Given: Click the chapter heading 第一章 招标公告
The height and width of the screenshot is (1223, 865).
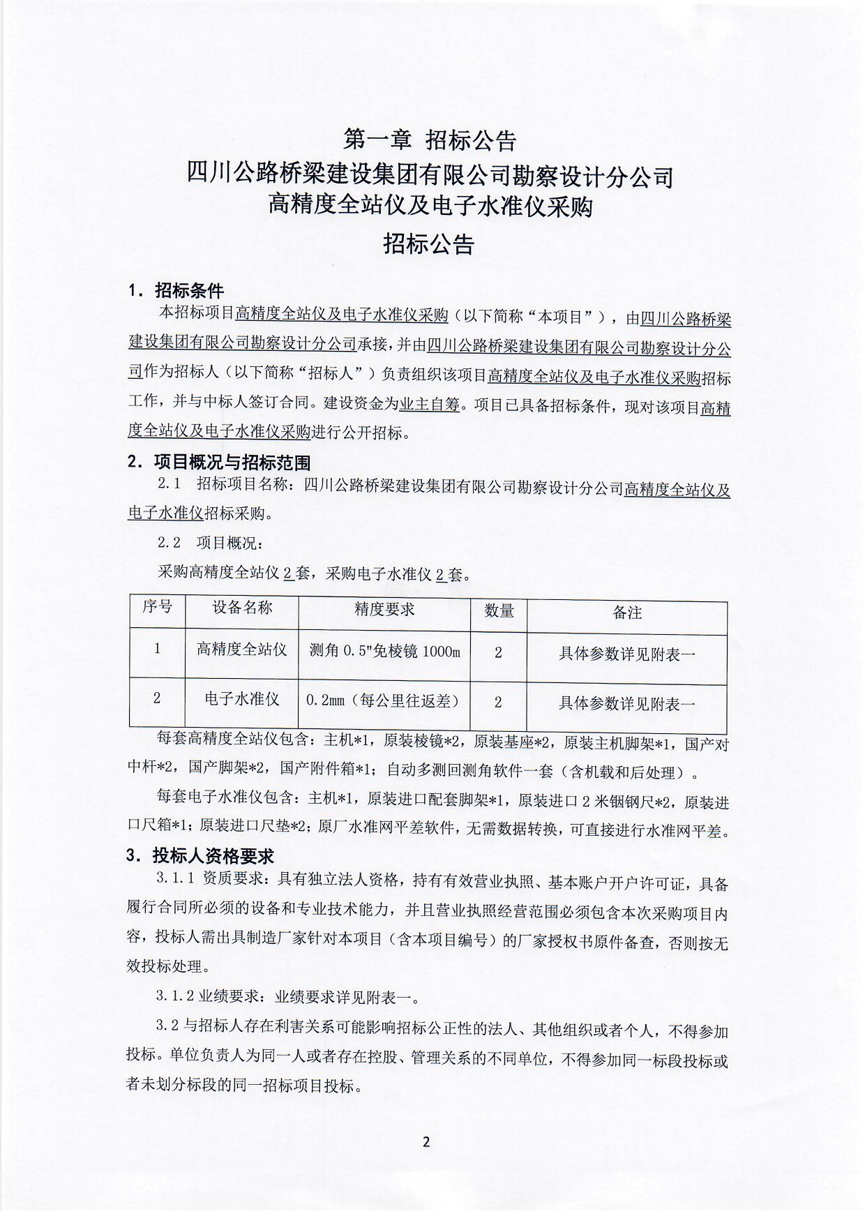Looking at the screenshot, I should (x=430, y=140).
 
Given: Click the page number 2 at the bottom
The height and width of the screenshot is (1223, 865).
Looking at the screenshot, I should (x=426, y=1142).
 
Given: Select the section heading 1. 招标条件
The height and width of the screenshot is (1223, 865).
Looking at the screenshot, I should (x=176, y=290).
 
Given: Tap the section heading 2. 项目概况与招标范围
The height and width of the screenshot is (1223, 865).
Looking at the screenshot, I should (x=219, y=463).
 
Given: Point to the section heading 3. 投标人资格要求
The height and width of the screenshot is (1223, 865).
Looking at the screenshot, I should (x=200, y=855).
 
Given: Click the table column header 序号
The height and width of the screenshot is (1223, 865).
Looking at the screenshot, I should (x=157, y=606).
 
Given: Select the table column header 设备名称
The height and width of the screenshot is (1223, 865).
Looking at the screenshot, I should (x=241, y=607).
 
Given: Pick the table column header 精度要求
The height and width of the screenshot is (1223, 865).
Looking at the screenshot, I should (x=384, y=609).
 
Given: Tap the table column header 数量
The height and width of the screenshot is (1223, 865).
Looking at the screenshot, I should (x=499, y=611).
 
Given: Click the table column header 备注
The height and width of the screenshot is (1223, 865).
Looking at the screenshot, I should (x=626, y=613).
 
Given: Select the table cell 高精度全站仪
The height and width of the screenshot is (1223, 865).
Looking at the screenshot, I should (x=241, y=650).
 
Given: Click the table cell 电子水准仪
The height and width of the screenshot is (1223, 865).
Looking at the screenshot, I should (x=241, y=698).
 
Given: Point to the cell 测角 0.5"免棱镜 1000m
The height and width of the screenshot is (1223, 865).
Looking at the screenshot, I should (x=384, y=652).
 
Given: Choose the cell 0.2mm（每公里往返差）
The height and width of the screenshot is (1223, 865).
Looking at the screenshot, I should (x=384, y=700).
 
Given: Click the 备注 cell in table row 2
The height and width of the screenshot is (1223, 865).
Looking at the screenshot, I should (x=626, y=703).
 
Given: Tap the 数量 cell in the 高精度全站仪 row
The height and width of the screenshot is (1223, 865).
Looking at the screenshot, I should (x=498, y=653).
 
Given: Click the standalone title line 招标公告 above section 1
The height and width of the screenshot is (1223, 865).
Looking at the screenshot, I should (x=428, y=243).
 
